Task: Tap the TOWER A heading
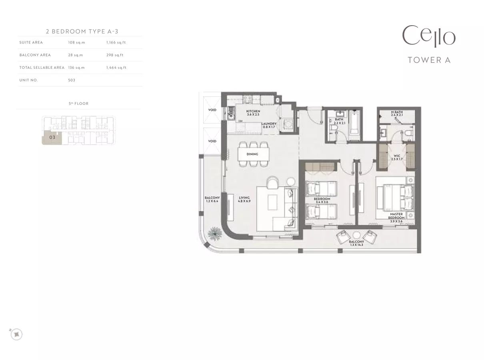429,60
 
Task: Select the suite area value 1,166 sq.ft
116,42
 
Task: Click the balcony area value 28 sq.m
76,55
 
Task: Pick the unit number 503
72,80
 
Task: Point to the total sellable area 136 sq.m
76,68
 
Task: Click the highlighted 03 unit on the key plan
52,137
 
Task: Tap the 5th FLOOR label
78,104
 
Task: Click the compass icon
16,334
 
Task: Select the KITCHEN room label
253,111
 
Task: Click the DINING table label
252,154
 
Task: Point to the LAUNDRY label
269,124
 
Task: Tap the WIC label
397,156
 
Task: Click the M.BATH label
397,112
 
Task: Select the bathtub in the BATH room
354,123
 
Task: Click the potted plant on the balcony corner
215,234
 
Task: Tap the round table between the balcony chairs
356,235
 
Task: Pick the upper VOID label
212,110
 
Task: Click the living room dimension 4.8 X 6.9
244,201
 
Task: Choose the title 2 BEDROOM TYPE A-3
82,32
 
